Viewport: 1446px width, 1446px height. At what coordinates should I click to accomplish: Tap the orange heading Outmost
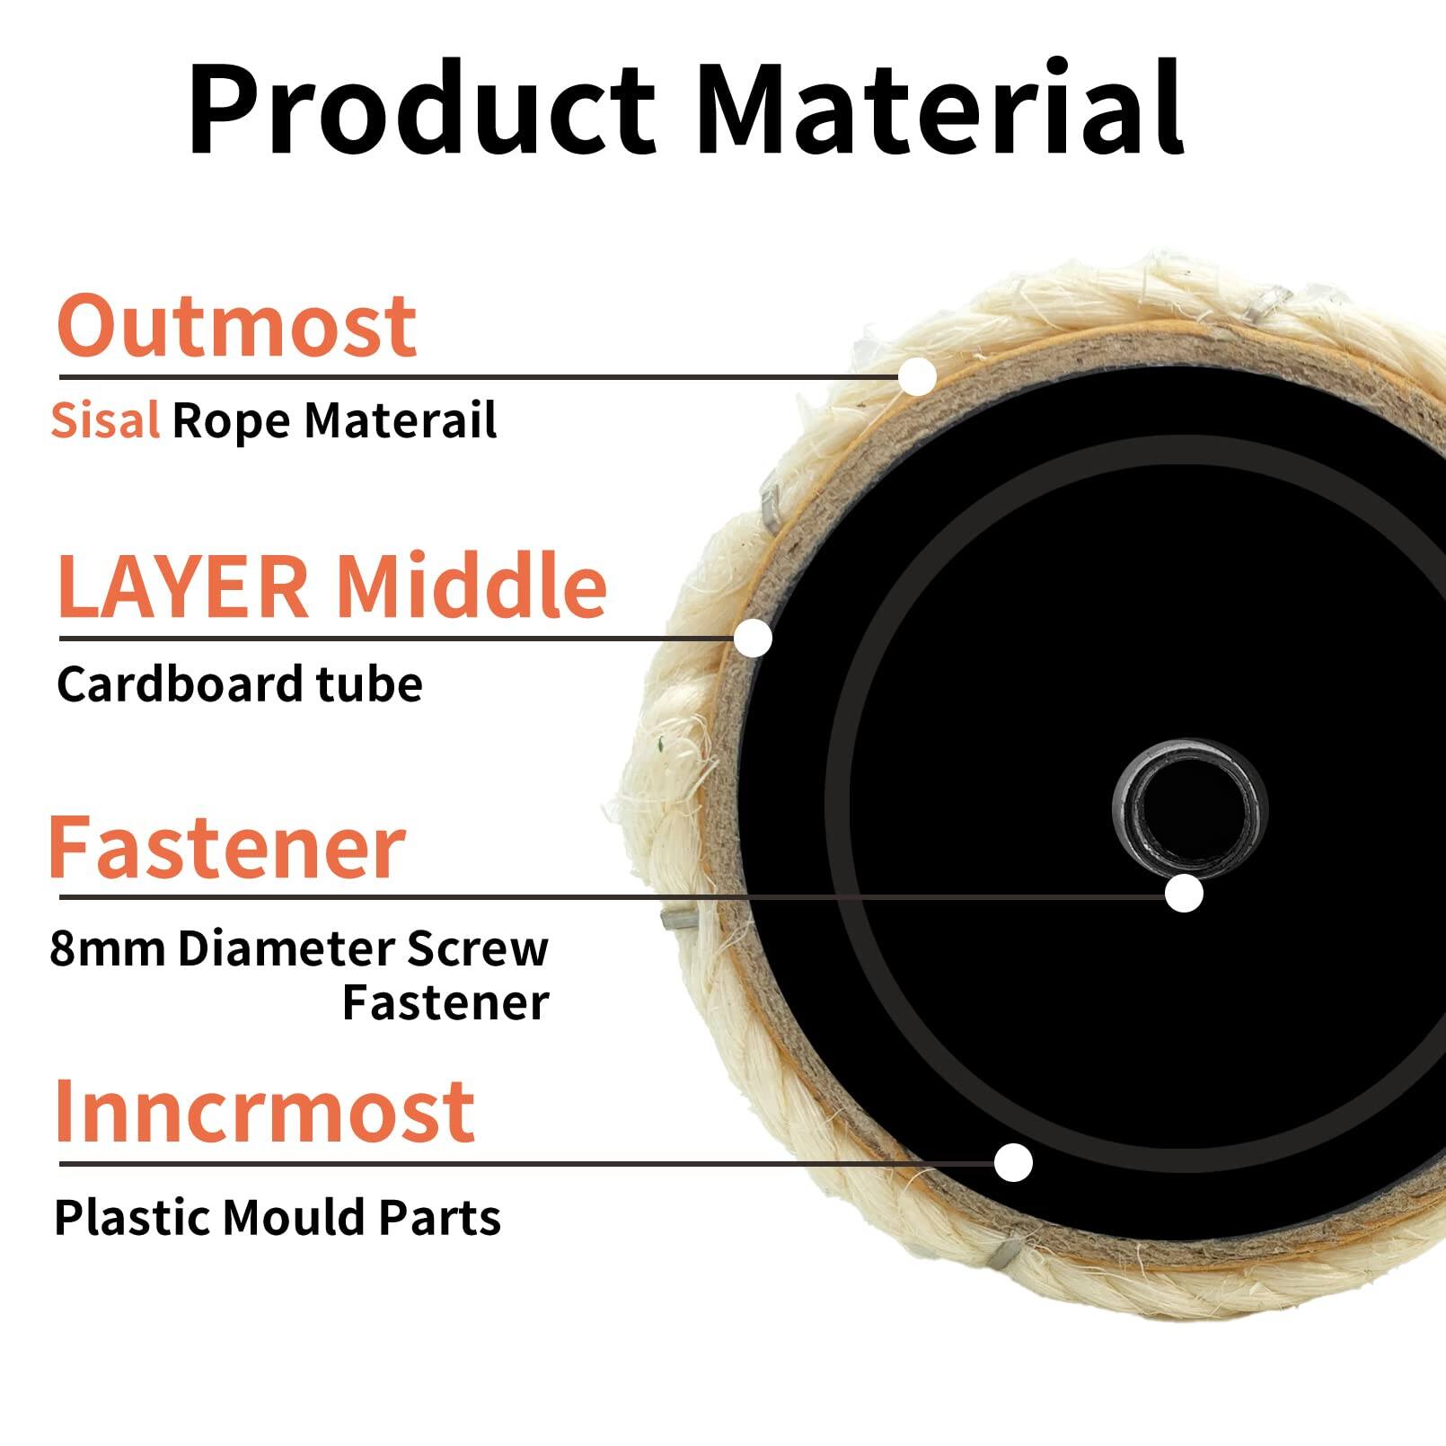point(237,325)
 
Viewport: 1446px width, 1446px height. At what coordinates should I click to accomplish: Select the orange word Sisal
point(105,420)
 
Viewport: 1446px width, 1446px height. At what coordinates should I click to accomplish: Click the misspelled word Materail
point(401,420)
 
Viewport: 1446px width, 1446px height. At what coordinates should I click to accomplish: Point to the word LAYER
point(182,587)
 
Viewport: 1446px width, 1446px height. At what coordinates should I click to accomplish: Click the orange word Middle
point(472,587)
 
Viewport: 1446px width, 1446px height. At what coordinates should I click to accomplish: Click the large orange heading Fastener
point(227,847)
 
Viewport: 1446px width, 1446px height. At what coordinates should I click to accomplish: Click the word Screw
point(477,948)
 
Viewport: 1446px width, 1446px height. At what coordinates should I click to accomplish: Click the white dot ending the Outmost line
point(918,376)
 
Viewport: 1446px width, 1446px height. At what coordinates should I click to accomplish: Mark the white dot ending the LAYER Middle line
point(753,638)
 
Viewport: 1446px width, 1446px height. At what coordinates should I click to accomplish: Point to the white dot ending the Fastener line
point(1184,894)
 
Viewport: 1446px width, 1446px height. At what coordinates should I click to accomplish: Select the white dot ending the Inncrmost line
point(1013,1163)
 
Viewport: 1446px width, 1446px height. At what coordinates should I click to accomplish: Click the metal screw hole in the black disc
point(1189,805)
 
